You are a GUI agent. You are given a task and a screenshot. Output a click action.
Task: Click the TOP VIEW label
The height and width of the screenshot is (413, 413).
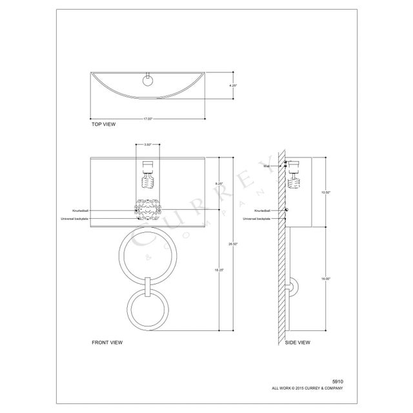[103, 124]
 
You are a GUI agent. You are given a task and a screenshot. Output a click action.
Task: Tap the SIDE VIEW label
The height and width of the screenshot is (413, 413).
[297, 342]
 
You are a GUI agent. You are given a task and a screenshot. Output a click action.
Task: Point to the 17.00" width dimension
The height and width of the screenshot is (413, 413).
[148, 119]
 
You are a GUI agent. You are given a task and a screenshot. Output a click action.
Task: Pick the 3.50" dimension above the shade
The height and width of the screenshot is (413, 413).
[147, 145]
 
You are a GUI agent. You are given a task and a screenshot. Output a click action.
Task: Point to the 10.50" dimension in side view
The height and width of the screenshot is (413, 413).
[326, 192]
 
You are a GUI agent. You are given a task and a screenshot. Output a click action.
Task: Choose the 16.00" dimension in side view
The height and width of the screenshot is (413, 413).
[326, 278]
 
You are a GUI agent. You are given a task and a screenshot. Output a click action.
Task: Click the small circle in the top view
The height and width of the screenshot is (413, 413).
[148, 81]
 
